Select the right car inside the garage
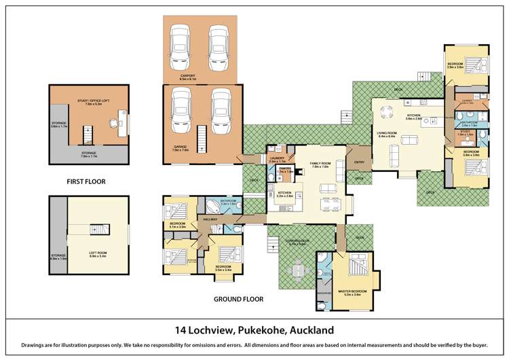click(222, 111)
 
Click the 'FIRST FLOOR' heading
click(86, 181)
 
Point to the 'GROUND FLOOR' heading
click(238, 299)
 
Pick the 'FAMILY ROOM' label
click(320, 163)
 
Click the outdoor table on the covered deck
click(299, 270)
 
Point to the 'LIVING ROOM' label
click(388, 132)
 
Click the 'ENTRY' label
click(358, 162)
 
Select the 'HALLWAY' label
click(210, 219)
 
